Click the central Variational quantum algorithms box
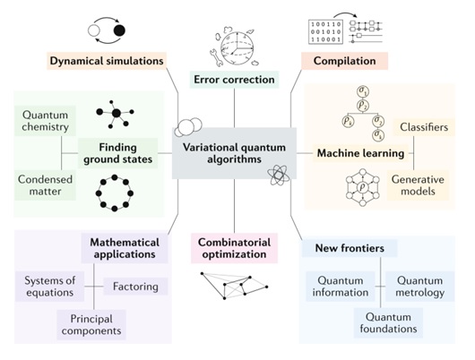[234, 153]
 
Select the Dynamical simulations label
[107, 61]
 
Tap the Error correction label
[234, 80]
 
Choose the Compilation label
[344, 61]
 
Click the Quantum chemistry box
[45, 121]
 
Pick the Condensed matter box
[45, 185]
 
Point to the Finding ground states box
[117, 153]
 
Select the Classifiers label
[424, 127]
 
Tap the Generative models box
[418, 185]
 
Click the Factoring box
[135, 287]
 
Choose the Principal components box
[91, 325]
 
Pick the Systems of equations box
[49, 287]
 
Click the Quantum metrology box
[419, 287]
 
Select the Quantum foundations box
[388, 322]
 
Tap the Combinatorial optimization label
[234, 248]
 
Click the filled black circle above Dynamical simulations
[119, 30]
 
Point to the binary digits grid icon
[325, 32]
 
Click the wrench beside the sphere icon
[216, 57]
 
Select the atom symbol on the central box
[278, 175]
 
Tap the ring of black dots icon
[115, 193]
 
